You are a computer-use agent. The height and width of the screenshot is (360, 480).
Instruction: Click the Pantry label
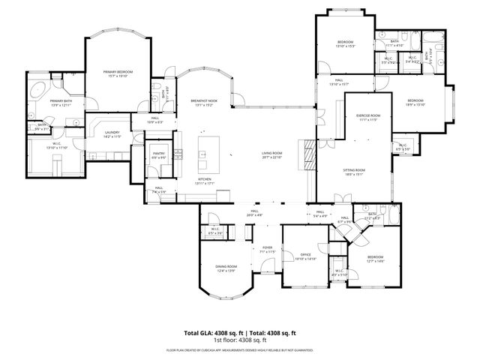[158, 155]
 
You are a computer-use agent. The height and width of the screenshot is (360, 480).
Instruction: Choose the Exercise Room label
[368, 117]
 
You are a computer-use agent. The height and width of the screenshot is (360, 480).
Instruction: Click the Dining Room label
[226, 267]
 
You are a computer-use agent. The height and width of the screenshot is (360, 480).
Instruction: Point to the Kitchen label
[205, 181]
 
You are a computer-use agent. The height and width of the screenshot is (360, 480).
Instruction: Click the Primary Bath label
[61, 102]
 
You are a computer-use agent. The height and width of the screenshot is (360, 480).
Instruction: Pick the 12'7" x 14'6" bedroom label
[375, 259]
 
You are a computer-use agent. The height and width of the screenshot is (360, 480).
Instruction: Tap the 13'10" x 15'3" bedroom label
[345, 43]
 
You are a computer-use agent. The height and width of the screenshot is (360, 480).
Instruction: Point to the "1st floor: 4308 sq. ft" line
[239, 340]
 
